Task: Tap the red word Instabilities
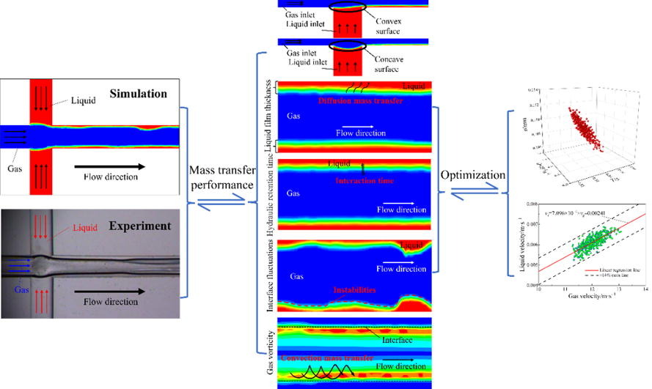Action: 350,290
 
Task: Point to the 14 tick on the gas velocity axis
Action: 645,290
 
